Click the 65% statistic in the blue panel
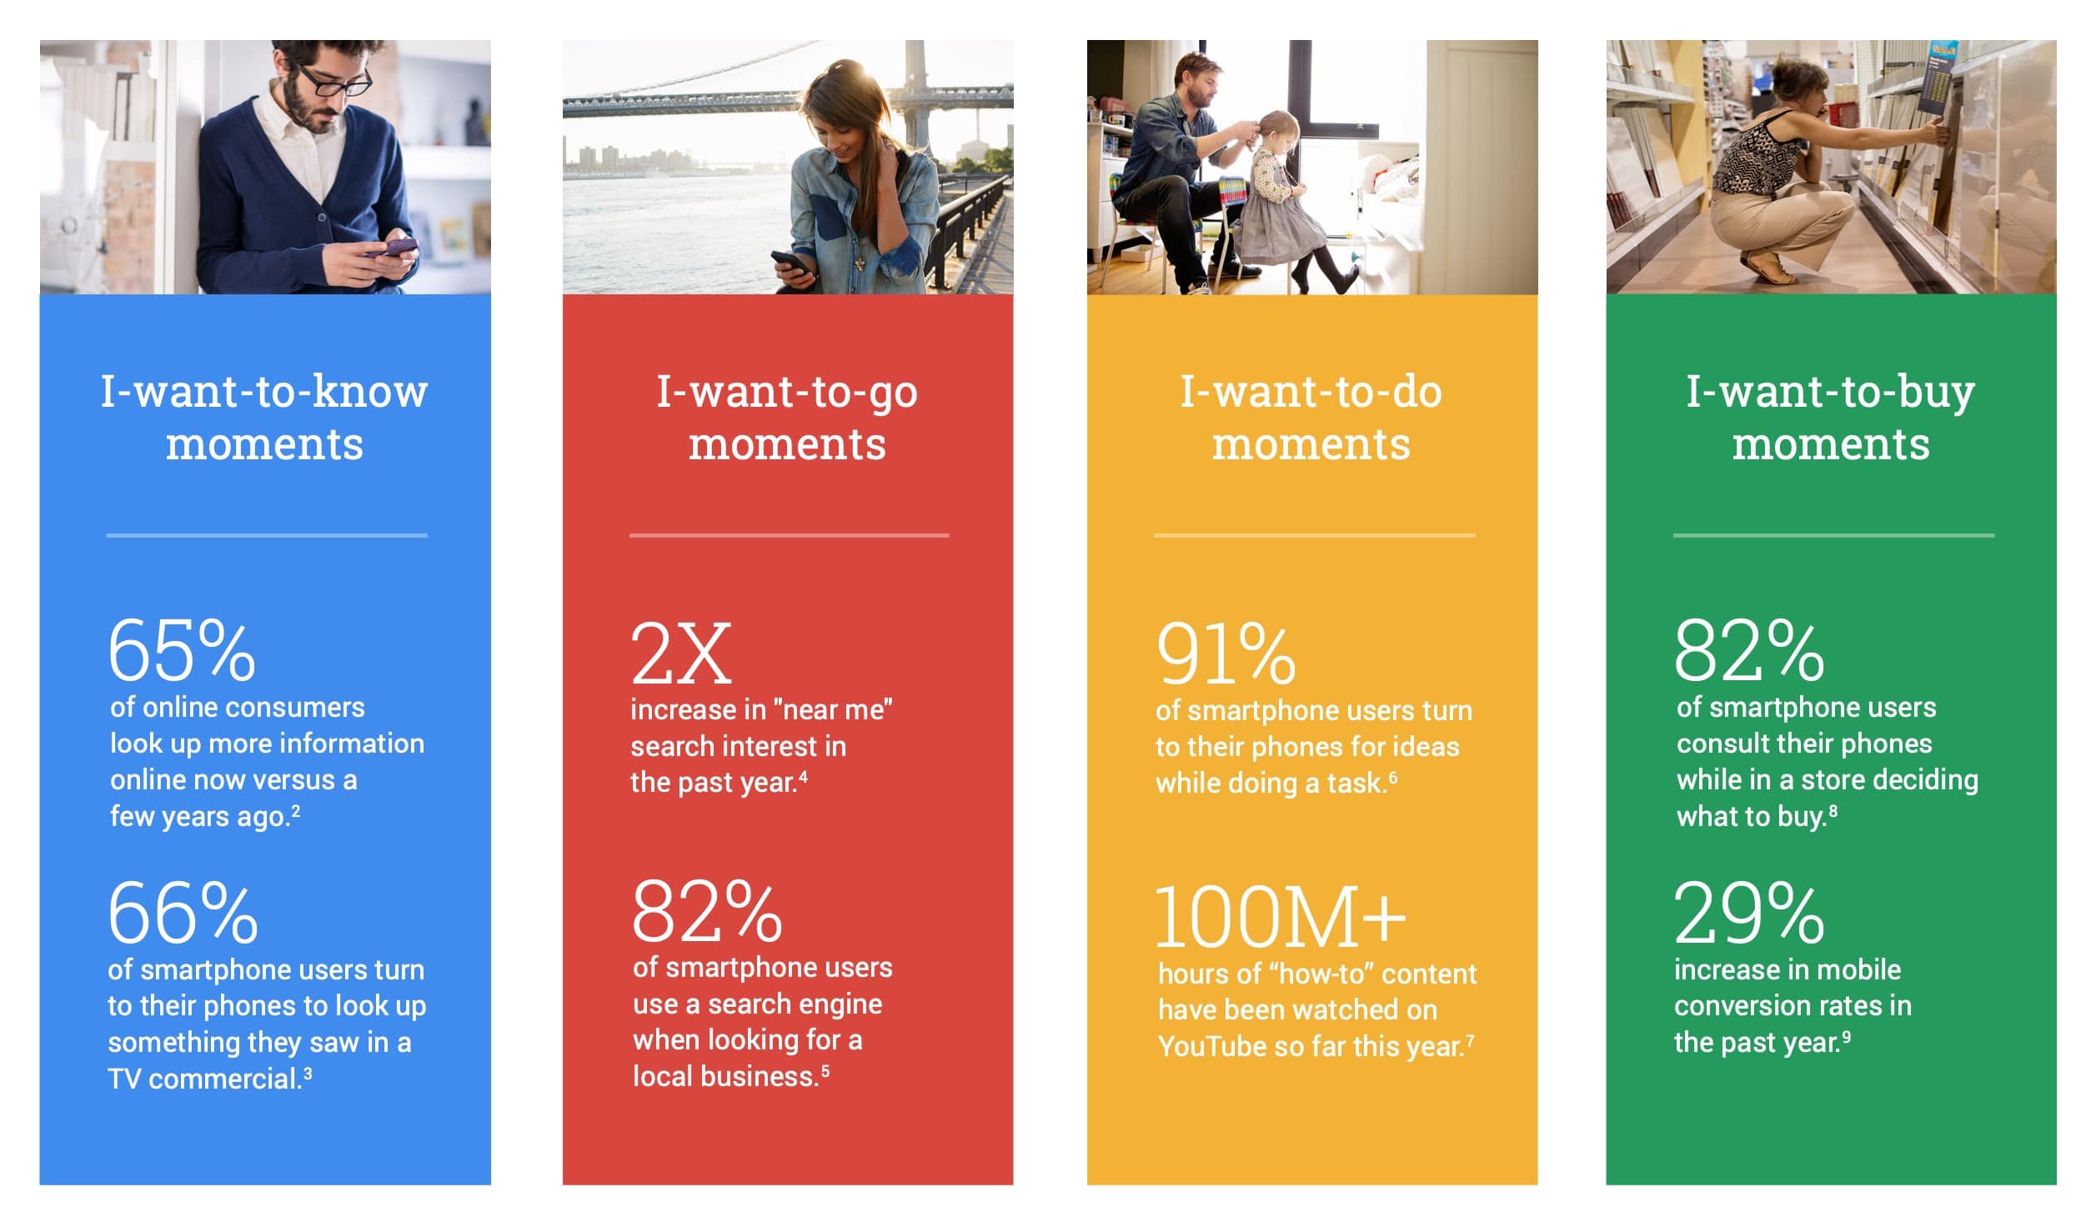[x=182, y=651]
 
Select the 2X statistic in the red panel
[x=681, y=654]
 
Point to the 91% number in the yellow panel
[x=1226, y=654]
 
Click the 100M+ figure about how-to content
[x=1280, y=917]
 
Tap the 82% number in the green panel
[x=1749, y=651]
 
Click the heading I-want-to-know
[x=264, y=392]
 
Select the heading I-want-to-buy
[x=1830, y=392]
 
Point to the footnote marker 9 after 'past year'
[x=1846, y=1037]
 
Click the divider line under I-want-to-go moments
[x=789, y=535]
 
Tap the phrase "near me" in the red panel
[x=832, y=710]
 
